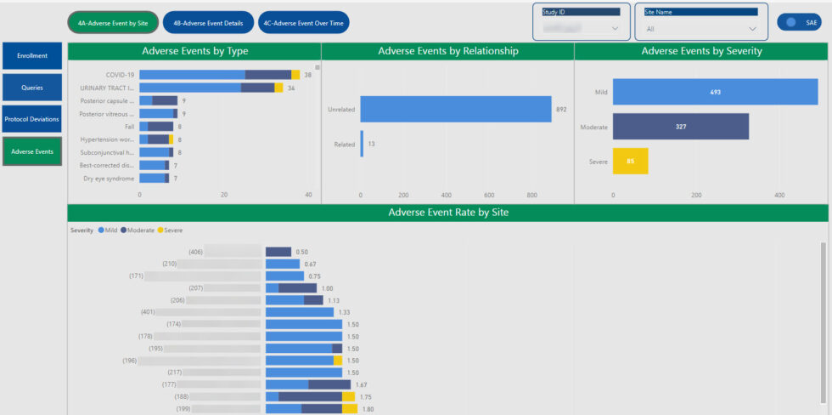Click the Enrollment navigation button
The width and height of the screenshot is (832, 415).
[x=32, y=56]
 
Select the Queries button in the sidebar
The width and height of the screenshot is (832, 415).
[x=32, y=88]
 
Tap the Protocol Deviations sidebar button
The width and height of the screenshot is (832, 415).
[x=32, y=119]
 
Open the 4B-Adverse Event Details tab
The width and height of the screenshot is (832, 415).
[x=208, y=23]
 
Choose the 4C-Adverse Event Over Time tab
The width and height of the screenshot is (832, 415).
[x=304, y=23]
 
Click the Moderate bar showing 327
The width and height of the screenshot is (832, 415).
[x=680, y=127]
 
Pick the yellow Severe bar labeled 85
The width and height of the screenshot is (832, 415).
[x=630, y=161]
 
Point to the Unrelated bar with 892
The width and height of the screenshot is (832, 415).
[x=455, y=109]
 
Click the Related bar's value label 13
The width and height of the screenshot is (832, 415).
[x=371, y=144]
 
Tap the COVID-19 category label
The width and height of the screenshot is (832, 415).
[x=120, y=75]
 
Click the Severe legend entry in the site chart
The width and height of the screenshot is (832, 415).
[x=172, y=230]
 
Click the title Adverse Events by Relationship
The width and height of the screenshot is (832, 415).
[x=447, y=51]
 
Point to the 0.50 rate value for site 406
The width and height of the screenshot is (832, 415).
[x=301, y=252]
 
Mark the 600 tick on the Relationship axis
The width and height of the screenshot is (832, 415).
[x=489, y=195]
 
